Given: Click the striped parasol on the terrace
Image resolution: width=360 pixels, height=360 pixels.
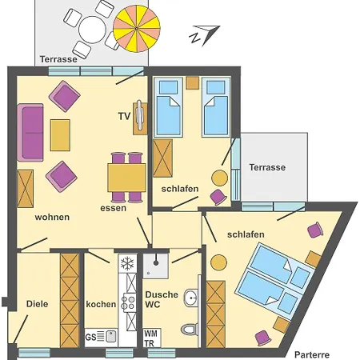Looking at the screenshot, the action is point(137,29).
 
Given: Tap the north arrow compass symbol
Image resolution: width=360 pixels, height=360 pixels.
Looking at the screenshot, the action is point(205,35).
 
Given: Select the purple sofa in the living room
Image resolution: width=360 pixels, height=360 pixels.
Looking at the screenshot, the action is point(30,133).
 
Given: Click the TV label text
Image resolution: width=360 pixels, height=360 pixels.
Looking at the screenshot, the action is point(124,116).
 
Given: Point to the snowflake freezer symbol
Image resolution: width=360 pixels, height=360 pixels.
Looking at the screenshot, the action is point(127,263).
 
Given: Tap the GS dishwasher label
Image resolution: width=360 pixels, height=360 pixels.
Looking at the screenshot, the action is point(90,337).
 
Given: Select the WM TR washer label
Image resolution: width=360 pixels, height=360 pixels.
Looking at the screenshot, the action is point(150,338).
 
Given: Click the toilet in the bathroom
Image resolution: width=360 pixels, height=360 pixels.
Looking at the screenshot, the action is point(190,329).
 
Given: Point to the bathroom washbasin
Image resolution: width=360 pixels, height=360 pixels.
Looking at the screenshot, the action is point(191,298).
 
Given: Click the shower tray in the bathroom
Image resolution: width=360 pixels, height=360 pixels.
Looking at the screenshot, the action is point(156,266).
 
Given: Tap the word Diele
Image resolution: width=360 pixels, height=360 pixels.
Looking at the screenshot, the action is point(37,304).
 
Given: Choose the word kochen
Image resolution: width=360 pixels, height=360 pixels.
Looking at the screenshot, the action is point(101,304).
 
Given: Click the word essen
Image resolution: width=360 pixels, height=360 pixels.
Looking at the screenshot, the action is point(113,208).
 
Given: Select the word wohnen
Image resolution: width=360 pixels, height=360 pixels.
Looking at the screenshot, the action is point(52,217).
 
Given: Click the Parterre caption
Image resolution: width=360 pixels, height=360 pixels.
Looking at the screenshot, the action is point(312,354).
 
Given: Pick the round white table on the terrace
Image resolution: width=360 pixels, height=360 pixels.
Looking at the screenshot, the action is point(93,30).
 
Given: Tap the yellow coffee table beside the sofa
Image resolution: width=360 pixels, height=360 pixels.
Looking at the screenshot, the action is point(60,135).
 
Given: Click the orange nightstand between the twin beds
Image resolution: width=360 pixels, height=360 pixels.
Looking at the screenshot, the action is point(193,83).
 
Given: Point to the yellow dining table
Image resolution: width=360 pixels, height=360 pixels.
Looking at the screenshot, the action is point(126,178).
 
